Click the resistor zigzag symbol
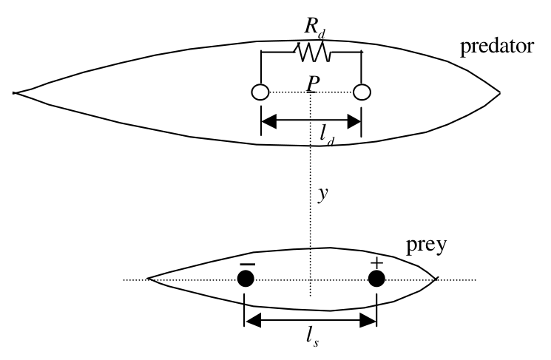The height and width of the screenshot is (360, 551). click(x=313, y=52)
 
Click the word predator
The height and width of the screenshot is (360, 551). click(x=497, y=47)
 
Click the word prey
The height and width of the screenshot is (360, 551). click(x=426, y=245)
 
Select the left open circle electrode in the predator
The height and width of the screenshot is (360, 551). click(x=260, y=92)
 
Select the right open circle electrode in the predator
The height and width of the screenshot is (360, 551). click(x=362, y=92)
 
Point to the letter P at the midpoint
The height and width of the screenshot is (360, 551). click(x=312, y=85)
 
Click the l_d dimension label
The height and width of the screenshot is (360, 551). click(x=327, y=135)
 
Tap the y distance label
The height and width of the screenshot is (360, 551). click(x=322, y=194)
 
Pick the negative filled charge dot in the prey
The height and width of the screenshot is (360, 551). click(x=246, y=279)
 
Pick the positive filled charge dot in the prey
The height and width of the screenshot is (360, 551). click(x=376, y=279)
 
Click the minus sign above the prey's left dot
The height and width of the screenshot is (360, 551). click(x=247, y=264)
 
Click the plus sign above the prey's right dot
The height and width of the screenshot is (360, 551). click(x=376, y=262)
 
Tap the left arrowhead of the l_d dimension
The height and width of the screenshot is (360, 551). click(x=269, y=121)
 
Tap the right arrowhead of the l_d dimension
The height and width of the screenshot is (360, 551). click(x=354, y=121)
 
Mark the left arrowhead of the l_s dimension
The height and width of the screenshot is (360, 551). click(x=253, y=320)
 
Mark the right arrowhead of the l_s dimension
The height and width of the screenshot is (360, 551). click(x=368, y=320)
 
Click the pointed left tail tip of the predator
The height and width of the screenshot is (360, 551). click(x=14, y=93)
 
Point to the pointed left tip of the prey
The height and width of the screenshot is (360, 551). click(x=148, y=279)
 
